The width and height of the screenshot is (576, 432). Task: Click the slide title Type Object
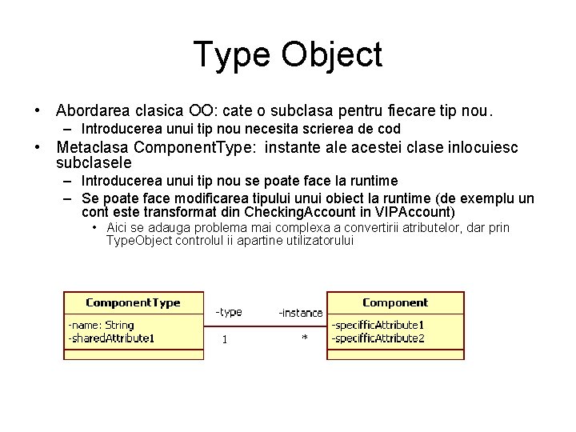click(288, 54)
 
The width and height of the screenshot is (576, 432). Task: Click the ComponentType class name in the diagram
click(133, 303)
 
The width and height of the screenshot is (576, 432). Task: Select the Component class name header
click(395, 303)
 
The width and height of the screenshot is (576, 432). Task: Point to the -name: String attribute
click(101, 326)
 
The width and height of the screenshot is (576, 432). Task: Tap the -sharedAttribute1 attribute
click(111, 338)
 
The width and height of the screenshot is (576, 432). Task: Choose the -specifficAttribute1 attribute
click(378, 326)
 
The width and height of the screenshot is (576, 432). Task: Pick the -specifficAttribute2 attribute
click(378, 338)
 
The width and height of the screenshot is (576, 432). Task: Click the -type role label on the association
click(229, 312)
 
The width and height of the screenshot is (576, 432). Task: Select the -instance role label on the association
click(300, 313)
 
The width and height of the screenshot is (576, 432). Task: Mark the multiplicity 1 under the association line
click(225, 339)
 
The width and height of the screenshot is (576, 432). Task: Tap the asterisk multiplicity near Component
click(305, 339)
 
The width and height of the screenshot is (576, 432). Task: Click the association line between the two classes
click(266, 326)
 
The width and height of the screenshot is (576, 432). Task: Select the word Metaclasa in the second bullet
click(92, 147)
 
